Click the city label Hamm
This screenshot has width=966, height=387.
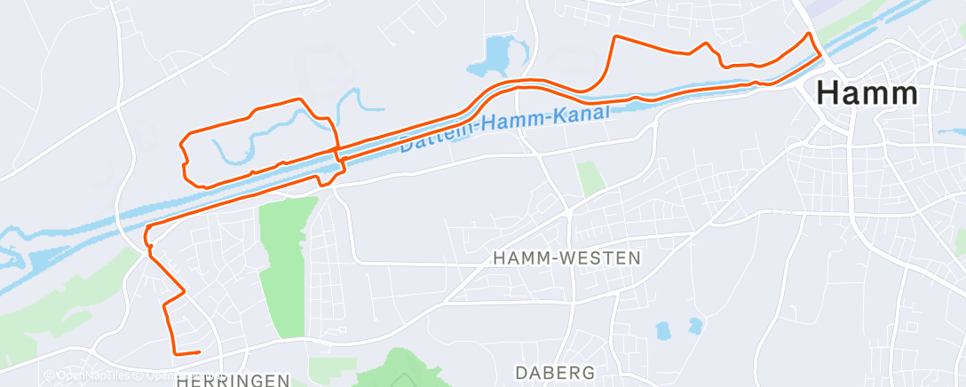pyautogui.click(x=867, y=93)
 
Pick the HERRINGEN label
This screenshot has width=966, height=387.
pyautogui.click(x=234, y=380)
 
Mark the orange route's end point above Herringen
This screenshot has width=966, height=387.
pyautogui.click(x=199, y=352)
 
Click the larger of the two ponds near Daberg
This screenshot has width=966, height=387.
pyautogui.click(x=663, y=331)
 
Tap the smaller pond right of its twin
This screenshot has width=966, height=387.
pyautogui.click(x=694, y=325)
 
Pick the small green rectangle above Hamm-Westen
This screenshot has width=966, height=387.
pyautogui.click(x=590, y=178)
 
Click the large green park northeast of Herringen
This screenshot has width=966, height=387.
pyautogui.click(x=284, y=266)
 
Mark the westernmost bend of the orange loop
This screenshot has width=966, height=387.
pyautogui.click(x=181, y=142)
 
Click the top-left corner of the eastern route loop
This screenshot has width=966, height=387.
pyautogui.click(x=615, y=37)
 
